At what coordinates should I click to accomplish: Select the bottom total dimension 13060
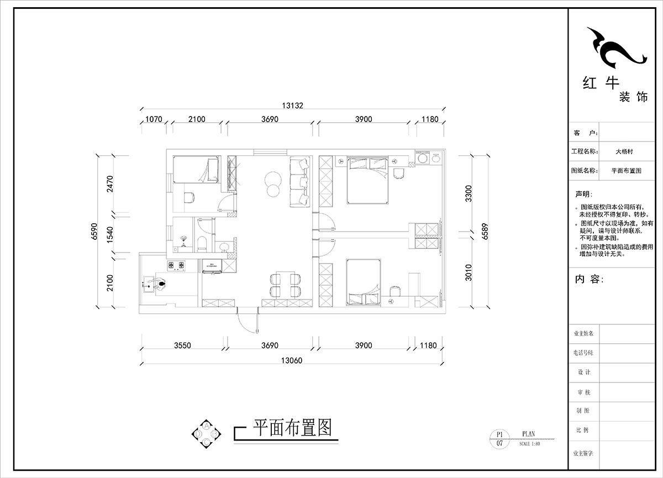coord(293,360)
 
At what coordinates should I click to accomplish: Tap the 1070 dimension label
coord(152,119)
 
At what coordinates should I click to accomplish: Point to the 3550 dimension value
coord(182,346)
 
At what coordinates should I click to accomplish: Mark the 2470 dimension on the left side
coord(109,183)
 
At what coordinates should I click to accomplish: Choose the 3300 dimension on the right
coord(469,195)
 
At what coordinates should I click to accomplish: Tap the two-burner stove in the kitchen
coord(177,266)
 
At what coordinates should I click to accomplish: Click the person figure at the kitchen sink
coord(161,283)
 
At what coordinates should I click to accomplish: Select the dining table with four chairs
coord(285,285)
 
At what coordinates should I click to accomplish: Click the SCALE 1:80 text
coord(531,444)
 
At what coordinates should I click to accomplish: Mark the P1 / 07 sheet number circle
coord(499,439)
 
